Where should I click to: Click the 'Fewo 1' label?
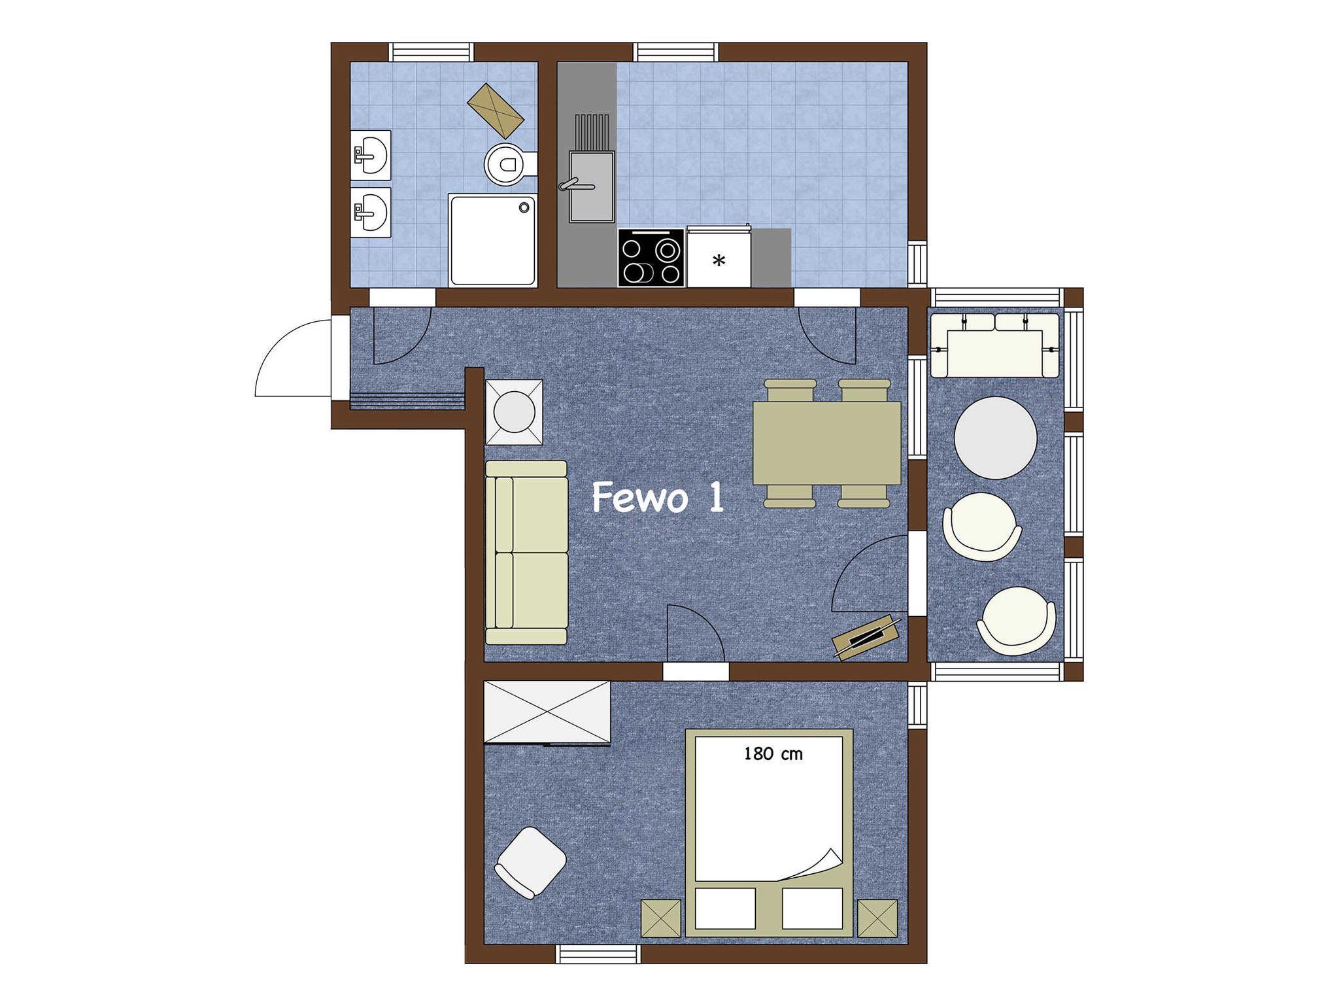pyautogui.click(x=658, y=498)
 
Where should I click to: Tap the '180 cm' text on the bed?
pyautogui.click(x=773, y=754)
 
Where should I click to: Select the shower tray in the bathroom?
pyautogui.click(x=492, y=240)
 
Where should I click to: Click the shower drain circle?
pyautogui.click(x=524, y=207)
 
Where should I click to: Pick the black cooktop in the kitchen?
pyautogui.click(x=651, y=258)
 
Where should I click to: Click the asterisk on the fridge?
pyautogui.click(x=719, y=262)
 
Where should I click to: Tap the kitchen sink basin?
pyautogui.click(x=591, y=187)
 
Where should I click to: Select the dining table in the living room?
pyautogui.click(x=827, y=443)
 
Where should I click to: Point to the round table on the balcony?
pyautogui.click(x=995, y=438)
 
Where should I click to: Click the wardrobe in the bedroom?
pyautogui.click(x=547, y=712)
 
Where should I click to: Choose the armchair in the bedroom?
pyautogui.click(x=530, y=862)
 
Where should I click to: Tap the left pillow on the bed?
pyautogui.click(x=725, y=908)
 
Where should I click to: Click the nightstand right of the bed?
pyautogui.click(x=877, y=918)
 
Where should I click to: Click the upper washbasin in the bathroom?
pyautogui.click(x=371, y=155)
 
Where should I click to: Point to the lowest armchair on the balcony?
pyautogui.click(x=1016, y=621)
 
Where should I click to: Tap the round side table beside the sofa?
pyautogui.click(x=514, y=412)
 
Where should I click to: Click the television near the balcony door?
pyautogui.click(x=867, y=636)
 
